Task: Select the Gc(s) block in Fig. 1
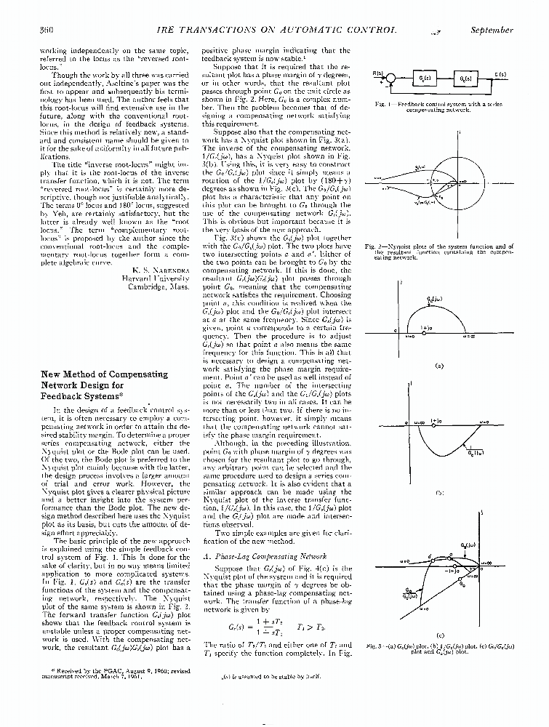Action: pos(425,78)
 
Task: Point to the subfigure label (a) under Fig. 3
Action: pos(438,366)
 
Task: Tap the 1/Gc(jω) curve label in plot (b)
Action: pos(476,452)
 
